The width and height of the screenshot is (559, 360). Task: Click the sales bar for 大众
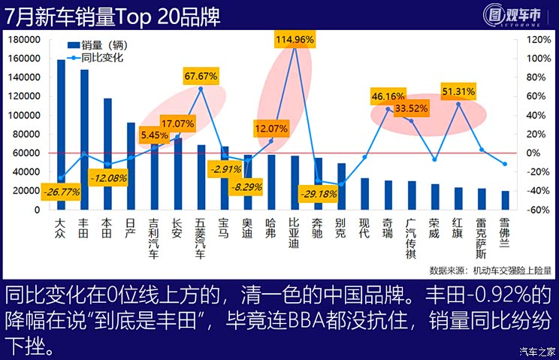coord(62,135)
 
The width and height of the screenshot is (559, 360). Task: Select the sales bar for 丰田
coord(85,140)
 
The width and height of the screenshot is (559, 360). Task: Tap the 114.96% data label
coord(295,38)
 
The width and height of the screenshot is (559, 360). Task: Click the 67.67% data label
coord(201,75)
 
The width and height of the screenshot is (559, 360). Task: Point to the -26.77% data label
coord(62,192)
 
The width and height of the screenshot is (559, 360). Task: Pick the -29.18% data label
coord(319,194)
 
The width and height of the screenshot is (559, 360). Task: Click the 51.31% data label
coord(458,92)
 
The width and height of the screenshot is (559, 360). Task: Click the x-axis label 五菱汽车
coord(201,238)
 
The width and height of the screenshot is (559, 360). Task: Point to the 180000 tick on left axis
coord(26,40)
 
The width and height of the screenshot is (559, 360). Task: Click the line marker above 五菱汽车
coord(201,89)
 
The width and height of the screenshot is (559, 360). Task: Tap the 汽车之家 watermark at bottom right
coord(536,351)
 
